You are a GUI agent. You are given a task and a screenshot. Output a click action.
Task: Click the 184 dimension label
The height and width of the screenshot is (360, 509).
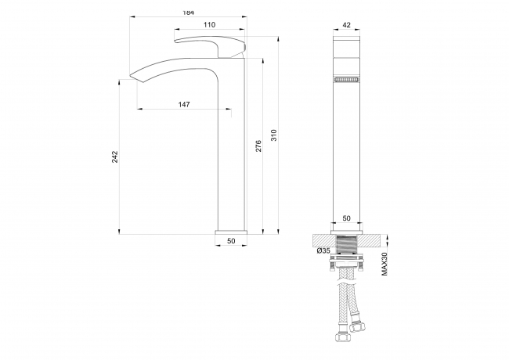(x=188, y=13)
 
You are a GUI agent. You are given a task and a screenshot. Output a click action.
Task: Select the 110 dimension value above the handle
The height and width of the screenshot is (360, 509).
(x=209, y=24)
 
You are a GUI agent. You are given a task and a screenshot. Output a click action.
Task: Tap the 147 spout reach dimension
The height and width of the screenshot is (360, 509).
(x=184, y=104)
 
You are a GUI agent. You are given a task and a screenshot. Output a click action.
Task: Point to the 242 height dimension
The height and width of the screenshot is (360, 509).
(x=115, y=157)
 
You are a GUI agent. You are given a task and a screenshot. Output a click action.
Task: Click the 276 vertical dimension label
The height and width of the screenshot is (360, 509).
(x=258, y=146)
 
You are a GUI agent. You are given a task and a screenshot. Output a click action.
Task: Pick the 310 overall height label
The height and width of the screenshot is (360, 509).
(x=274, y=135)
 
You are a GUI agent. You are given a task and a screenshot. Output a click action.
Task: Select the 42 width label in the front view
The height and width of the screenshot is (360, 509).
(x=347, y=25)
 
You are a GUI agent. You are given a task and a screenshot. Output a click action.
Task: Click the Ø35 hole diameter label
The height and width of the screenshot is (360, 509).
(x=323, y=250)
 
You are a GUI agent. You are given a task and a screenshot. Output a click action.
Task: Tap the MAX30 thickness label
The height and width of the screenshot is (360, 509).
(x=384, y=264)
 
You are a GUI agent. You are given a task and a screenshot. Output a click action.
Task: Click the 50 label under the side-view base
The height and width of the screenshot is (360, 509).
(x=231, y=241)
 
